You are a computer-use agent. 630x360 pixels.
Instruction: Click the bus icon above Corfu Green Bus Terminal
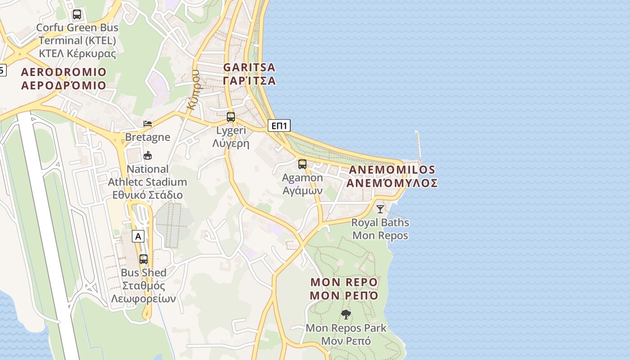(x=77, y=14)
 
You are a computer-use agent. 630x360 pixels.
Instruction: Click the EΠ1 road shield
(x=279, y=126)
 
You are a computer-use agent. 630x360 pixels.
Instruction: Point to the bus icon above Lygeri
(x=231, y=117)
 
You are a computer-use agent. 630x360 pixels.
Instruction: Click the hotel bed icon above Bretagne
(x=148, y=124)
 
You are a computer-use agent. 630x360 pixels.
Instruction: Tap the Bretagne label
(x=148, y=137)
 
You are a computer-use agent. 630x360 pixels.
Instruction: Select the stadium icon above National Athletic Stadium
(x=147, y=156)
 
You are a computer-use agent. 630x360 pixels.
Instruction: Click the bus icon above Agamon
(x=302, y=164)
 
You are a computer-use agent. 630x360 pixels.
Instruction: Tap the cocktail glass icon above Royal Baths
(x=380, y=209)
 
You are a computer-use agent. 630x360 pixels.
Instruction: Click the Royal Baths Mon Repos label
(x=380, y=229)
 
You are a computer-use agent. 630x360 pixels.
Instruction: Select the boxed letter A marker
(x=138, y=236)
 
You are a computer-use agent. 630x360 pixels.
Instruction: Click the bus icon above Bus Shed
(x=144, y=259)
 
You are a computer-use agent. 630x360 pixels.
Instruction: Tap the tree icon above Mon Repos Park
(x=346, y=315)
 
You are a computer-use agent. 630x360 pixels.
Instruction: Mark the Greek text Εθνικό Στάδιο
(x=148, y=195)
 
